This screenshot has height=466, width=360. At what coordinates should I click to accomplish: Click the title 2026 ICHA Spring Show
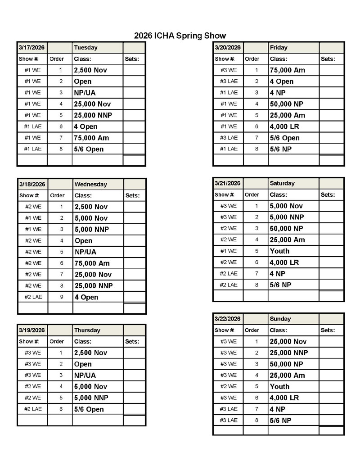[180, 36]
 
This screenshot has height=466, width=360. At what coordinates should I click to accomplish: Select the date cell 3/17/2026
[32, 48]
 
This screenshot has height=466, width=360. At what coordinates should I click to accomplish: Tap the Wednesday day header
[91, 184]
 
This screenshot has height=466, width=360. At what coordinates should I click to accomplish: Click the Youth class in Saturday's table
[279, 251]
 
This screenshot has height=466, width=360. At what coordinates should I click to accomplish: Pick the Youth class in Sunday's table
[279, 386]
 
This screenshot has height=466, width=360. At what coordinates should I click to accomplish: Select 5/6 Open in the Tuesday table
[89, 149]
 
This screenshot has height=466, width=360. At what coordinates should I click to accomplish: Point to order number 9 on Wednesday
[61, 297]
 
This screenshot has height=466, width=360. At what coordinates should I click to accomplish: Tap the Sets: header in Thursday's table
[132, 341]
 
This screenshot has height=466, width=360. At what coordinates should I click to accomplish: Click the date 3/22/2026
[228, 319]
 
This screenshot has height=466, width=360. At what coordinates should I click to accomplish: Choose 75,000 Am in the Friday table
[287, 70]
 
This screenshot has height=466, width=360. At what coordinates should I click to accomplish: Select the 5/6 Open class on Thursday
[89, 409]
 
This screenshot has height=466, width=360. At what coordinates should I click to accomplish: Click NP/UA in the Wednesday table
[85, 252]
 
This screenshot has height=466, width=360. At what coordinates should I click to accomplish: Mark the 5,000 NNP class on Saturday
[288, 217]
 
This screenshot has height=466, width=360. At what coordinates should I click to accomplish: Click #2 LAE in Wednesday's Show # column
[33, 297]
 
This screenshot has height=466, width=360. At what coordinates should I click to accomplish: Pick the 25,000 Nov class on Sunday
[288, 341]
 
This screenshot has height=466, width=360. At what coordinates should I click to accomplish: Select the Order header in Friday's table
[252, 59]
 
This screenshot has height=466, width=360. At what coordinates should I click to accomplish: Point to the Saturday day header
[282, 183]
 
